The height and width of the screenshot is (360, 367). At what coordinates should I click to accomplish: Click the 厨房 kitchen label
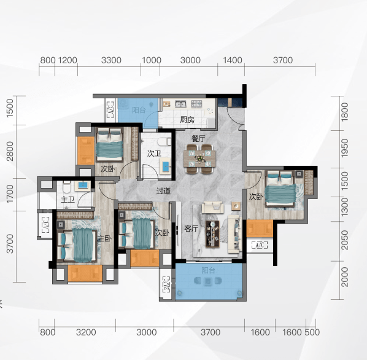tap(187, 120)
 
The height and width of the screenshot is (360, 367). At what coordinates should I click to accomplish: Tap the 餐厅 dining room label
tap(198, 138)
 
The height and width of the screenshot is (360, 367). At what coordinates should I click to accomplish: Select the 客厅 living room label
tap(191, 229)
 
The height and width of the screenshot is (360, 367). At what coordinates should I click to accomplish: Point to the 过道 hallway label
tap(163, 191)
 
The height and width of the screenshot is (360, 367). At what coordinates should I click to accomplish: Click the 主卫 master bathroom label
tap(68, 200)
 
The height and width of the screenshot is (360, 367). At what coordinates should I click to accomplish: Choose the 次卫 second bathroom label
tap(154, 154)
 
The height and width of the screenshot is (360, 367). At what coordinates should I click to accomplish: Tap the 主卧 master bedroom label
tap(104, 238)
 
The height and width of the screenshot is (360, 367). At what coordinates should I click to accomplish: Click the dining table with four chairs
tap(199, 158)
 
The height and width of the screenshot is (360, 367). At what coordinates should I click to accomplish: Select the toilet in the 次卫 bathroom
tap(164, 142)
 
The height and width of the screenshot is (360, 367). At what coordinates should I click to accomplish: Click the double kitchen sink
tap(180, 104)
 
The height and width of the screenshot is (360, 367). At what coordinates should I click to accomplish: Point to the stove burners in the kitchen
tap(196, 104)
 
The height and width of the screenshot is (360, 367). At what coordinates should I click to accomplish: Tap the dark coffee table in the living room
tap(212, 233)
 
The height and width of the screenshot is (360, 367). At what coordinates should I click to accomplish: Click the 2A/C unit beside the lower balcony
tap(166, 284)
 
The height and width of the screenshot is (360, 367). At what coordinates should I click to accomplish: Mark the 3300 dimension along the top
tap(111, 60)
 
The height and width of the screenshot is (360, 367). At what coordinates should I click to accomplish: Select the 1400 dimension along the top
tap(233, 60)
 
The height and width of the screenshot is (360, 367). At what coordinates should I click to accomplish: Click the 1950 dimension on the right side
tap(345, 148)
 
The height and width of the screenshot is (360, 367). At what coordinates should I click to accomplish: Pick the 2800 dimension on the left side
tap(10, 151)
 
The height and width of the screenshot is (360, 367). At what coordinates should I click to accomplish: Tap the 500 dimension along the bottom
tap(312, 332)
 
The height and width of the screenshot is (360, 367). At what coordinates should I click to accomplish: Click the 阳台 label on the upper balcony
tap(139, 110)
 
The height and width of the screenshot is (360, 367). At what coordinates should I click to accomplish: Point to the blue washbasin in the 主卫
tap(83, 185)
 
